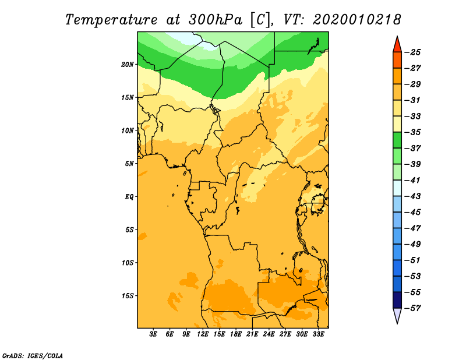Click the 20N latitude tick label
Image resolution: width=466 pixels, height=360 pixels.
(128, 65)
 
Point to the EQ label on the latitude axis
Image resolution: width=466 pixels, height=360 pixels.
(129, 197)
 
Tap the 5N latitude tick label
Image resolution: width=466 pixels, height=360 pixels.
(129, 164)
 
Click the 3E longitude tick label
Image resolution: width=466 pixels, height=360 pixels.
(153, 334)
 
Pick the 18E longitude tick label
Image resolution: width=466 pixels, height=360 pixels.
(236, 334)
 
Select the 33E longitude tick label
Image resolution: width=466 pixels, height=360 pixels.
(318, 334)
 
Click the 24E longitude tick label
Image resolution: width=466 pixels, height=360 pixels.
(269, 334)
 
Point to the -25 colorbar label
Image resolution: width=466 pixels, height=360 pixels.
(412, 52)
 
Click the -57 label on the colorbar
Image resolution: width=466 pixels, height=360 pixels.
(412, 308)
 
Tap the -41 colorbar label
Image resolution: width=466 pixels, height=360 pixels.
(412, 181)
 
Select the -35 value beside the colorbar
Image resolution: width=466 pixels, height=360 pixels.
(412, 132)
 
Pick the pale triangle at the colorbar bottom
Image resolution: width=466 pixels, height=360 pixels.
(397, 315)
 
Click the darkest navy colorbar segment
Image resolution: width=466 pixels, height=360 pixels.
(397, 300)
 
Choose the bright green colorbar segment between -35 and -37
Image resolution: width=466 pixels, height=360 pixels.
(397, 140)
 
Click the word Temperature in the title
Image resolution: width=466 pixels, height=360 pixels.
(111, 20)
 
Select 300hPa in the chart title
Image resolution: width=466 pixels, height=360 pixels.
(215, 20)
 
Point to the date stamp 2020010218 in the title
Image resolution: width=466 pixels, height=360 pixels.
(356, 20)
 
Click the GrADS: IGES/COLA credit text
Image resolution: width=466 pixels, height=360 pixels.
(33, 356)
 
